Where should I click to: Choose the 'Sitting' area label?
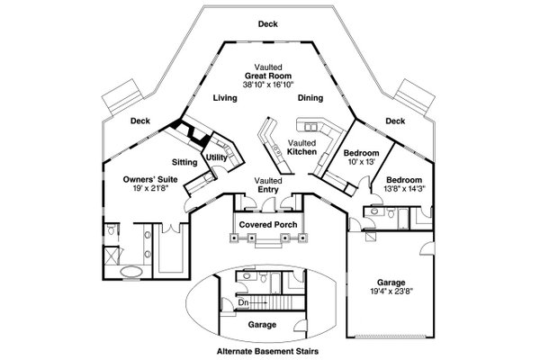click(x=184, y=164)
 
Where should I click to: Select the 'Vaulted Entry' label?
click(x=267, y=184)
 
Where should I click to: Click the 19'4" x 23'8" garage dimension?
click(x=391, y=293)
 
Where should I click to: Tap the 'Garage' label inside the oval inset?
click(x=262, y=324)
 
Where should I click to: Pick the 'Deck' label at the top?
click(x=268, y=23)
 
